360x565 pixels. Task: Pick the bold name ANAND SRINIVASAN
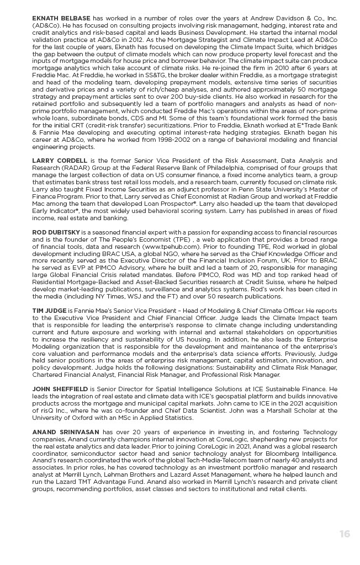coord(65,431)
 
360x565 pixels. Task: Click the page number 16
coord(345,534)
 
